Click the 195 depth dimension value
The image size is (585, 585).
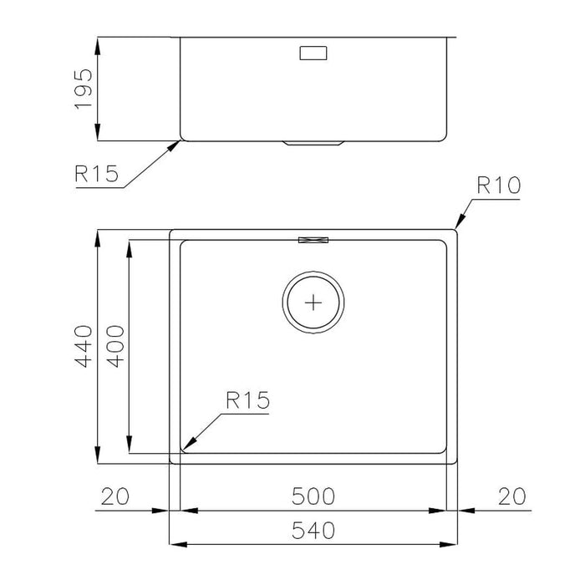(82, 88)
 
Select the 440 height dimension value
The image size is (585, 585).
(82, 345)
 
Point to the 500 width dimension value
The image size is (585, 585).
(313, 496)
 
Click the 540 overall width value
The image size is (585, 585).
(313, 530)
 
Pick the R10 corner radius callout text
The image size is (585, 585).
(498, 186)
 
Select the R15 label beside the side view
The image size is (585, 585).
(97, 174)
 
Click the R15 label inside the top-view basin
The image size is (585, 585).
(247, 401)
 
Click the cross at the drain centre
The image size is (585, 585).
(314, 302)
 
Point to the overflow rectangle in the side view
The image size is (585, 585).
(313, 53)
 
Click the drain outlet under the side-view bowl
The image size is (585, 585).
(313, 143)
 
